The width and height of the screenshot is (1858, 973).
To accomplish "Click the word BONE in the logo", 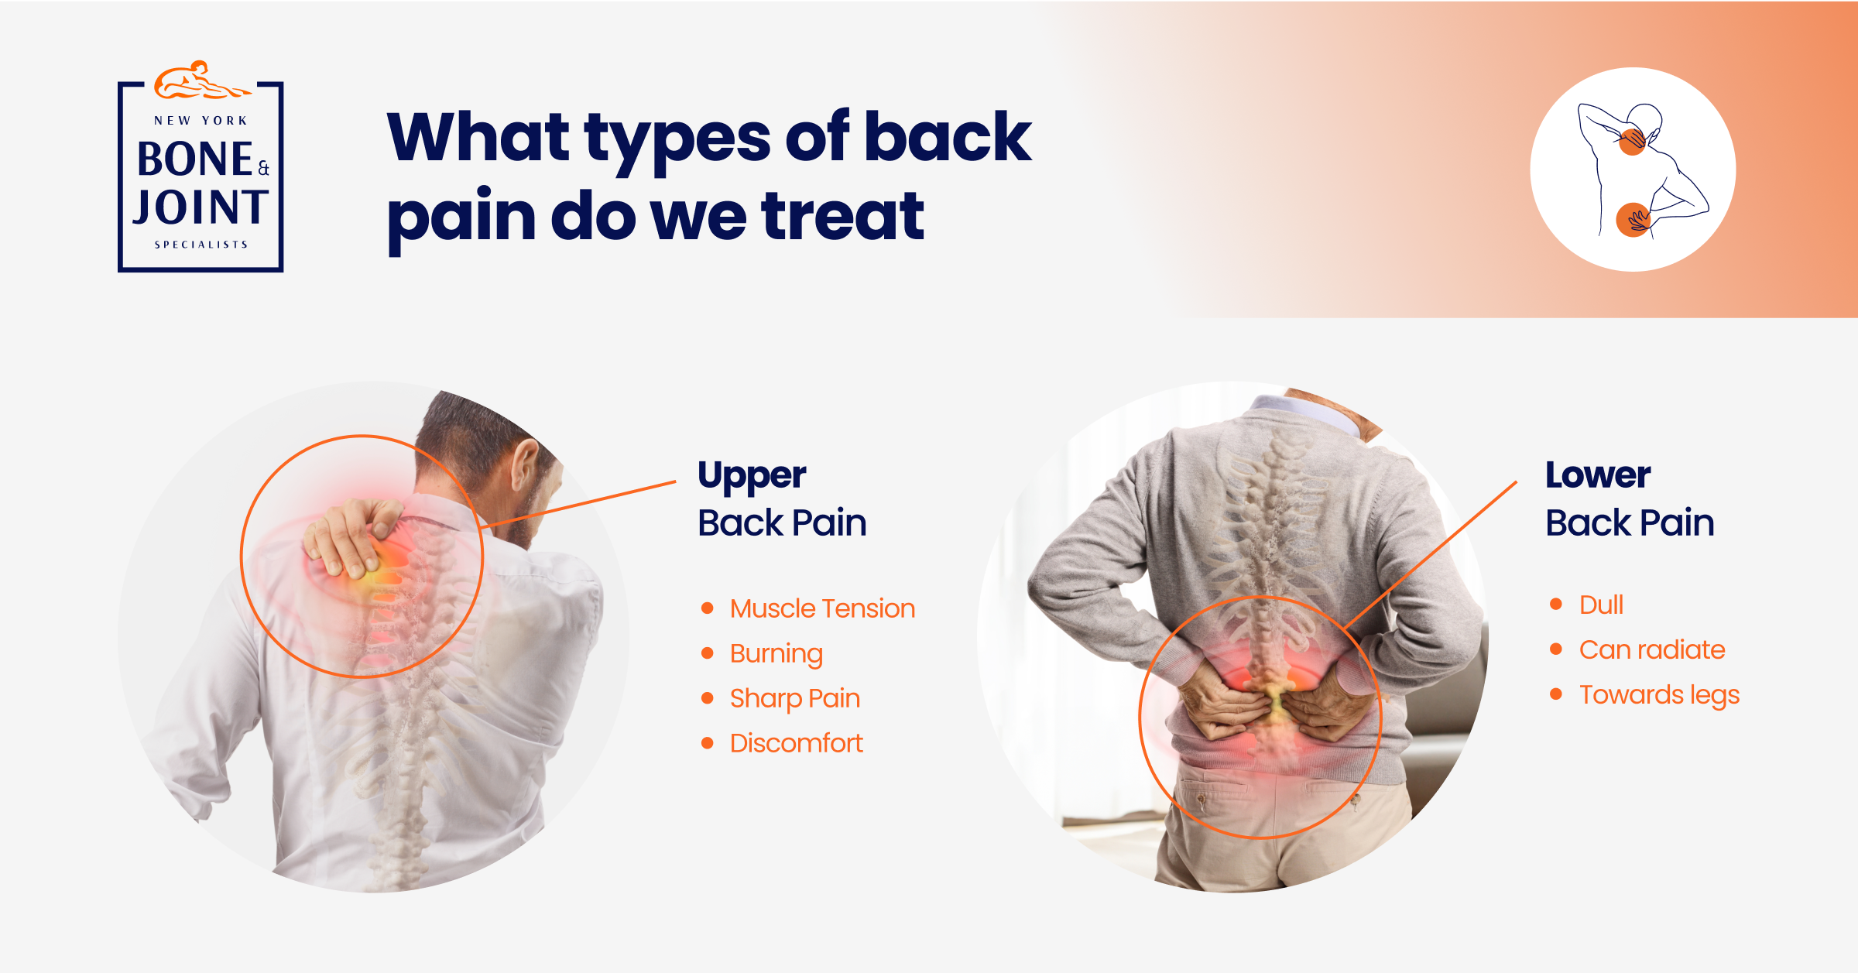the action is pos(195,159).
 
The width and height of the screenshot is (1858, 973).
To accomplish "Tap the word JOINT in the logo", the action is pos(201,207).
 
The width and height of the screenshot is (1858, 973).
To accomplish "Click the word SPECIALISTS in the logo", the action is pos(201,245).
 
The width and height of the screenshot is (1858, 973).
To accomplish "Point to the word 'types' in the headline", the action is pos(677,139).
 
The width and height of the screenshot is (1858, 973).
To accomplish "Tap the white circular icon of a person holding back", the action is pos(1633,170).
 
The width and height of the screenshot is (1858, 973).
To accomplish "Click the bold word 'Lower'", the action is pos(1598,475).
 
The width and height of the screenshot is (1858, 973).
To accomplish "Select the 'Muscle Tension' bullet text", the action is pos(822,608).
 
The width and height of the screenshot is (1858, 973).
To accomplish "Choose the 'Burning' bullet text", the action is pos(776,654).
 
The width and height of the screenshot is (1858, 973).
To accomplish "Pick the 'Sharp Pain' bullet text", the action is pos(795,698).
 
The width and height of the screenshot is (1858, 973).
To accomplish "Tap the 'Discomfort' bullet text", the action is pos(797,743).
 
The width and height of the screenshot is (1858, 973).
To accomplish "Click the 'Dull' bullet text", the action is pos(1601,605).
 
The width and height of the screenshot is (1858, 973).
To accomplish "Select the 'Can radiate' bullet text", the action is pos(1652,649).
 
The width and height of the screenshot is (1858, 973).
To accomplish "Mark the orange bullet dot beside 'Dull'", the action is pos(1556,604).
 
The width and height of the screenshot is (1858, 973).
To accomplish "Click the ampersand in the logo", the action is pos(263,168).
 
